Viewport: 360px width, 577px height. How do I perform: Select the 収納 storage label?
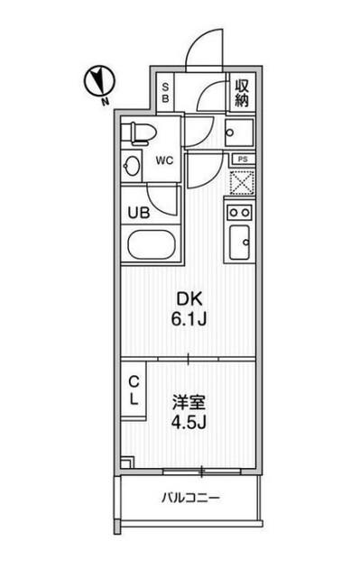click(241, 91)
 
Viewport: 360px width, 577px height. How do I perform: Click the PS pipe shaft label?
click(240, 159)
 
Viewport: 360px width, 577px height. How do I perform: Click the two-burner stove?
click(239, 213)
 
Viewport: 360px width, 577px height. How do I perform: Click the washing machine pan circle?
click(239, 133)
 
